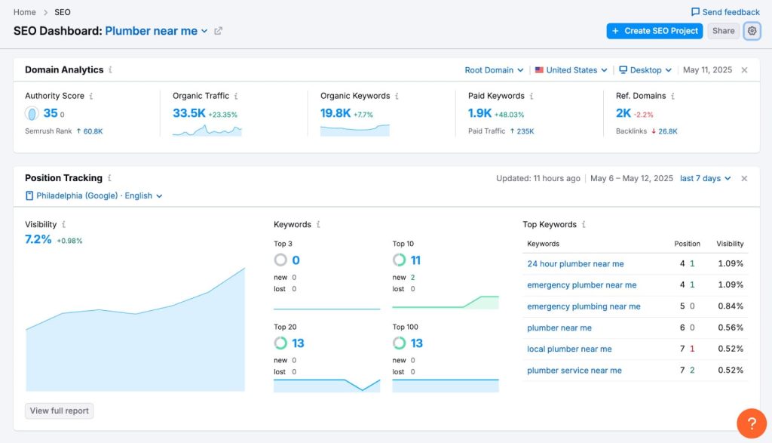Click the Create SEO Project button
654,31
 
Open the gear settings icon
752,31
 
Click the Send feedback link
725,12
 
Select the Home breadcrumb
24,12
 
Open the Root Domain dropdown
494,70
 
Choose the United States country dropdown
571,70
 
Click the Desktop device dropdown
645,70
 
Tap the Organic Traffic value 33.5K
189,113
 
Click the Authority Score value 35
51,113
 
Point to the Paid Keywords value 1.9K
479,113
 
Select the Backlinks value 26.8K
667,131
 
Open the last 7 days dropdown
705,179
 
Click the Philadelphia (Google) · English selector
94,195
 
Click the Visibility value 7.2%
38,239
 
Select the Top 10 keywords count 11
415,260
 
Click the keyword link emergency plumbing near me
584,306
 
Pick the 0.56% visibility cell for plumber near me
731,328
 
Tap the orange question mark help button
751,423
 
